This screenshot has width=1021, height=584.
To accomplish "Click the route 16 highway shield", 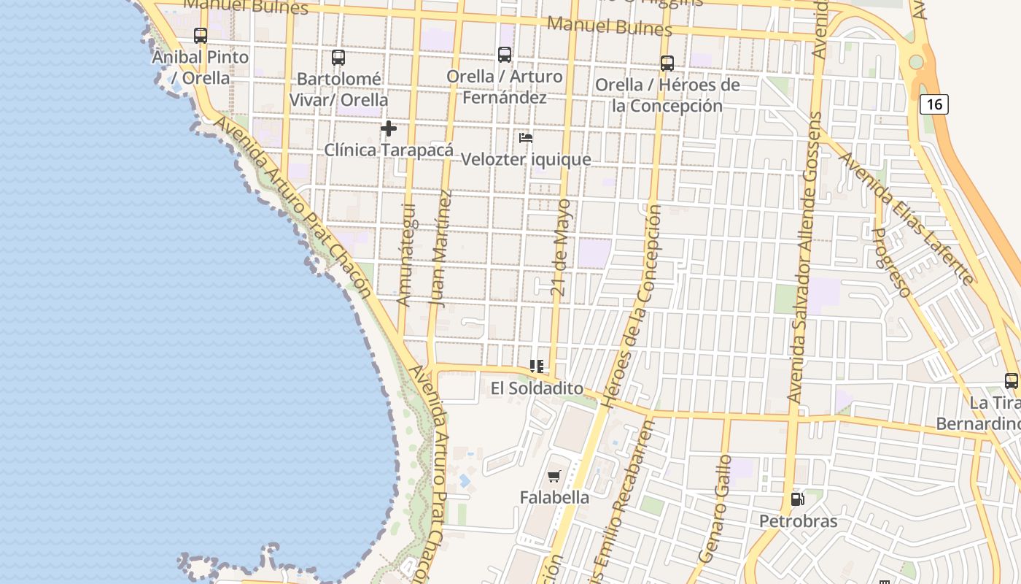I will pyautogui.click(x=933, y=104).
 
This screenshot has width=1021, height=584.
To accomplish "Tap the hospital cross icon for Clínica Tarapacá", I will pyautogui.click(x=389, y=128).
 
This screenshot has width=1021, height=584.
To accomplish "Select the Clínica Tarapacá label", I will pyautogui.click(x=388, y=150).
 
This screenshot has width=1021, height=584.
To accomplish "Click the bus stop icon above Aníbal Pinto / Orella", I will pyautogui.click(x=201, y=35).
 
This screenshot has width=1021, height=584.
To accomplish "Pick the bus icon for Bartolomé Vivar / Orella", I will pyautogui.click(x=338, y=57).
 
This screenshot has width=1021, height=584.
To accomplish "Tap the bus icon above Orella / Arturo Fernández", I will pyautogui.click(x=504, y=54).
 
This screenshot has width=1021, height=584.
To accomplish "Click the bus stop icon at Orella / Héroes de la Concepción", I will pyautogui.click(x=667, y=63).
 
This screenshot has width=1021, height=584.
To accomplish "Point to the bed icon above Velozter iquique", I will pyautogui.click(x=525, y=137).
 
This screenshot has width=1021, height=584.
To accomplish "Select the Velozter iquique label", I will pyautogui.click(x=526, y=159).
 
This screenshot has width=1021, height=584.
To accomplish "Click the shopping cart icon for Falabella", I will pyautogui.click(x=554, y=477).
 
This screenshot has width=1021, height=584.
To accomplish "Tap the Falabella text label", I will pyautogui.click(x=554, y=497).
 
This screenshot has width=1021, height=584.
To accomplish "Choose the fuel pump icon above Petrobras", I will pyautogui.click(x=797, y=499).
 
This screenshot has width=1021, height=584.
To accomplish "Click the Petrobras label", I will pyautogui.click(x=798, y=521).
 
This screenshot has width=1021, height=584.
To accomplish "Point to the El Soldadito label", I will pyautogui.click(x=537, y=388).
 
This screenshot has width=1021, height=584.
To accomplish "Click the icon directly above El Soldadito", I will pyautogui.click(x=537, y=366).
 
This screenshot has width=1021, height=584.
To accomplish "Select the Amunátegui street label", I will pyautogui.click(x=405, y=254).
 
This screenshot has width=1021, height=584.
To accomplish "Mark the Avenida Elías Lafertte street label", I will pyautogui.click(x=904, y=217).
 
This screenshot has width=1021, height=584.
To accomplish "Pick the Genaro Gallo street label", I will pyautogui.click(x=715, y=509).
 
